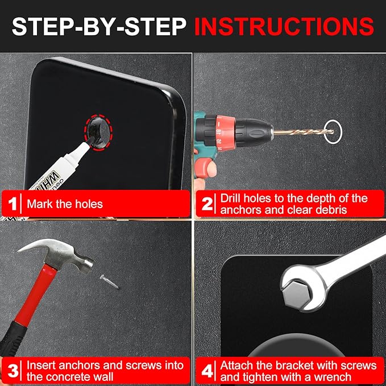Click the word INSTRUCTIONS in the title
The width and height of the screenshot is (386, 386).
coord(284,26)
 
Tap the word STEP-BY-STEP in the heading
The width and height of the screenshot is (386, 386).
coord(99,26)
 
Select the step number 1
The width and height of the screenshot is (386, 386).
coord(12,204)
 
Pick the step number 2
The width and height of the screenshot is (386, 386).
coord(207,204)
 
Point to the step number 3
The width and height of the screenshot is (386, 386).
coord(13,371)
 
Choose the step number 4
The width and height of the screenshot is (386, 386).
coord(207,371)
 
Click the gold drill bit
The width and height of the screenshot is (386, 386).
coord(304,132)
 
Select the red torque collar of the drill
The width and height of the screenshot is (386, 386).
coord(225,133)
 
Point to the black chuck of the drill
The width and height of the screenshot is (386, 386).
coord(254,133)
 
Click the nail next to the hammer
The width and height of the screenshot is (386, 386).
coord(109,281)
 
